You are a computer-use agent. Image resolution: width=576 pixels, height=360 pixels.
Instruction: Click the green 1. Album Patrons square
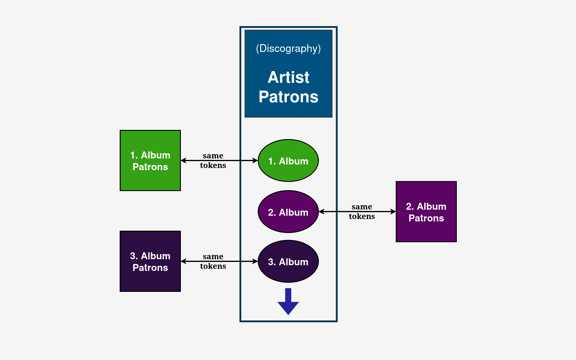(x=150, y=160)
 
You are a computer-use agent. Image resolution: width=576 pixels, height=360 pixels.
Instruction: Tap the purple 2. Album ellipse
(x=288, y=212)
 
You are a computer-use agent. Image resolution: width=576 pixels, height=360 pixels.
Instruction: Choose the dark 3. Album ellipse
(x=288, y=261)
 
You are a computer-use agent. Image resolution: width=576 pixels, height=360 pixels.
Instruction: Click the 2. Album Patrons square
(x=426, y=211)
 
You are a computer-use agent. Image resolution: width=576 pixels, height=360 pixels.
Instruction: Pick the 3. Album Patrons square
(x=150, y=261)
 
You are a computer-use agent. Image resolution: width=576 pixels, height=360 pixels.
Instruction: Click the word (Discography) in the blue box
(x=288, y=48)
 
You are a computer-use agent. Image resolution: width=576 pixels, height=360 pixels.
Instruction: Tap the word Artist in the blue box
(x=288, y=77)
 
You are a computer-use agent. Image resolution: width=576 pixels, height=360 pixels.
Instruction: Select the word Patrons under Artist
(x=288, y=97)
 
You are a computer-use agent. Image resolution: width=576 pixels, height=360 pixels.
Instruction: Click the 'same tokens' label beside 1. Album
(x=213, y=160)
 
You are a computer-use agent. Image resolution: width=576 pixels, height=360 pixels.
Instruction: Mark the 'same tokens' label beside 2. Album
(x=362, y=211)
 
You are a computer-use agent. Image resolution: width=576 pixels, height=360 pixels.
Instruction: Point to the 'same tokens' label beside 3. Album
(x=213, y=261)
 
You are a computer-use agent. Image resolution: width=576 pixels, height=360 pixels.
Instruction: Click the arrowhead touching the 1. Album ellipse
(x=255, y=160)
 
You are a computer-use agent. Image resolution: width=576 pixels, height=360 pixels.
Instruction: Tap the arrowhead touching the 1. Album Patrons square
(x=183, y=160)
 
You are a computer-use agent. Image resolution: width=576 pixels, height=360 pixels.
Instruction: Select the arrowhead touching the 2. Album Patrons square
(x=393, y=211)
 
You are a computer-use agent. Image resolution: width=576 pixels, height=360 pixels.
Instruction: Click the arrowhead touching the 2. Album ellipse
(x=321, y=211)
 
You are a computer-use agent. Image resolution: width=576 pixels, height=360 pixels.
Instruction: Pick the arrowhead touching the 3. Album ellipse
(x=255, y=261)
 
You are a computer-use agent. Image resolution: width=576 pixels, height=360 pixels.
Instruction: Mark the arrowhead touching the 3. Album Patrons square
(x=183, y=261)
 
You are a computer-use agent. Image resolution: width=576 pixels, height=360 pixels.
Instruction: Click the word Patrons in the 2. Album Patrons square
(x=426, y=218)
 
